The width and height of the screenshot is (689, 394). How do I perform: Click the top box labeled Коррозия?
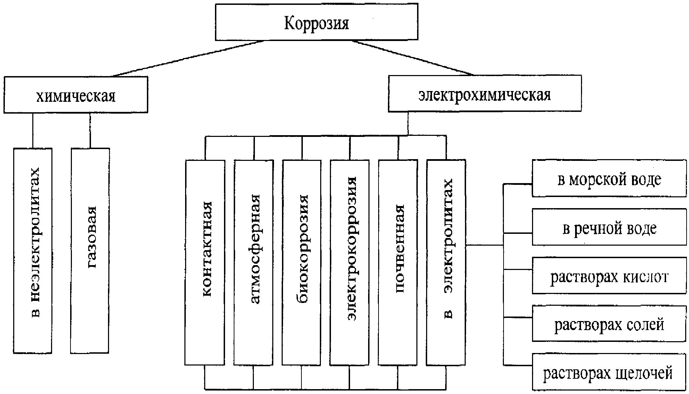pyautogui.click(x=316, y=22)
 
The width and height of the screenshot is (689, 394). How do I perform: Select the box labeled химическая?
pyautogui.click(x=76, y=95)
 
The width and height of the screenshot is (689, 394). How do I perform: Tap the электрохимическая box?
pyautogui.click(x=484, y=94)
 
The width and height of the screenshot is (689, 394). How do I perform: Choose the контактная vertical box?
pyautogui.click(x=205, y=262)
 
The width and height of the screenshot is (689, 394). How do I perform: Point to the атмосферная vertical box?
pyautogui.click(x=254, y=262)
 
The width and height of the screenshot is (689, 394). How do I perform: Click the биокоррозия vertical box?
pyautogui.click(x=301, y=262)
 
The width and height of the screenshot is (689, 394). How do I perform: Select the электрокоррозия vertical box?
pyautogui.click(x=350, y=262)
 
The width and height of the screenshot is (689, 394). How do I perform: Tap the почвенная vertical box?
pyautogui.click(x=398, y=262)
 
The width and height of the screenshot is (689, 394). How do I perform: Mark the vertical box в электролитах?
pyautogui.click(x=446, y=262)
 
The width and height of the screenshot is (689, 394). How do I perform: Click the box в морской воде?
pyautogui.click(x=609, y=179)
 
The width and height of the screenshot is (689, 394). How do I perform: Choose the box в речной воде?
pyautogui.click(x=609, y=227)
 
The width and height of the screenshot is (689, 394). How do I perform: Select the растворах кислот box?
pyautogui.click(x=609, y=276)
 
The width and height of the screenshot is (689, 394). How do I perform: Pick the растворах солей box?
pyautogui.click(x=609, y=324)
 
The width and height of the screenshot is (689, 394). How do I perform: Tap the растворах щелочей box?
pyautogui.click(x=609, y=372)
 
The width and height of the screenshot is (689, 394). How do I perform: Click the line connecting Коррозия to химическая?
pyautogui.click(x=188, y=58)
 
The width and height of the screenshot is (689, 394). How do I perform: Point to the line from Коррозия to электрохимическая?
pyautogui.click(x=413, y=58)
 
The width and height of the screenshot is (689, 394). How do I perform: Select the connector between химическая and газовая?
pyautogui.click(x=90, y=130)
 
